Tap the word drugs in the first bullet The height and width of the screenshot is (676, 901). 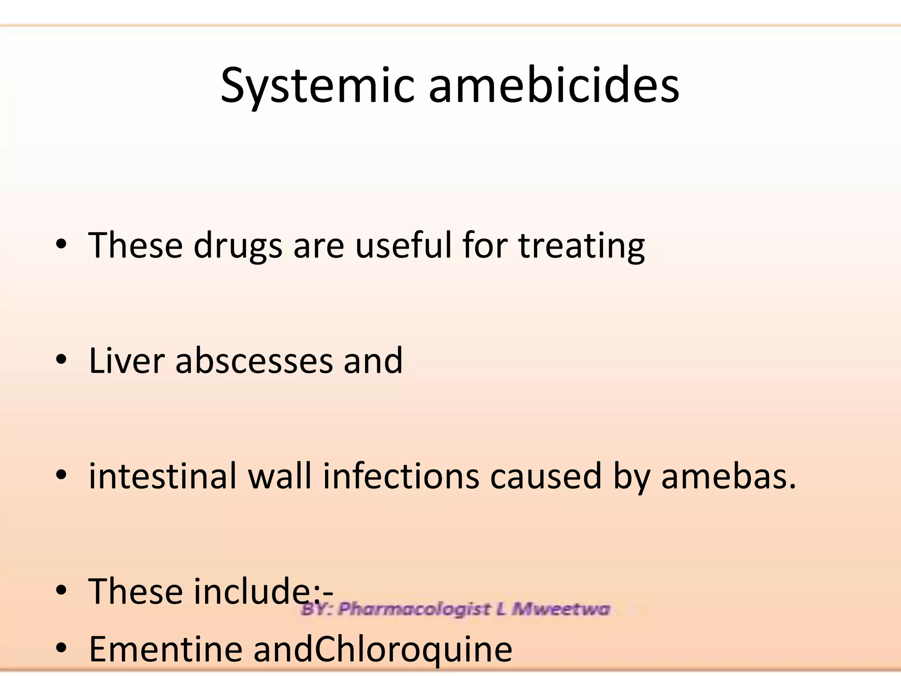[x=238, y=246]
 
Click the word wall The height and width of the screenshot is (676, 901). [x=280, y=476]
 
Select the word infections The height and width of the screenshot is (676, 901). [x=401, y=476]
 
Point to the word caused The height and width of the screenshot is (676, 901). [x=546, y=476]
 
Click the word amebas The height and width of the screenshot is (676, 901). [x=728, y=476]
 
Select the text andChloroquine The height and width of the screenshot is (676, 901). [x=383, y=649]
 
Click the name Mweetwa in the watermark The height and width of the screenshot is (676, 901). [x=561, y=609]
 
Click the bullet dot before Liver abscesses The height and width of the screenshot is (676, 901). [x=61, y=360]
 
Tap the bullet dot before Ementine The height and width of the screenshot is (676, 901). [x=61, y=648]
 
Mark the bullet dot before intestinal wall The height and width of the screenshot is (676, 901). [x=61, y=475]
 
